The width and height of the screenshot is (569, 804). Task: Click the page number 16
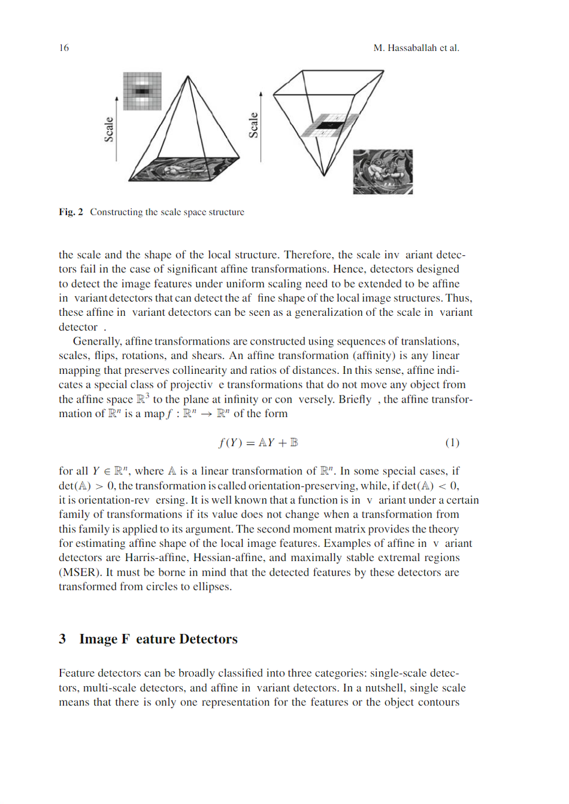(63, 48)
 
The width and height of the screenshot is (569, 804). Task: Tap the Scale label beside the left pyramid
(109, 129)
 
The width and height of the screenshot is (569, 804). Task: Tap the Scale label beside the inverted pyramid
(253, 125)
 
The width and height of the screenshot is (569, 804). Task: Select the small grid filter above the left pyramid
(142, 91)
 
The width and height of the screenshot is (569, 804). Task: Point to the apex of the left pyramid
(188, 77)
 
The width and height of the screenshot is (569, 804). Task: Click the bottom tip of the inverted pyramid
(324, 175)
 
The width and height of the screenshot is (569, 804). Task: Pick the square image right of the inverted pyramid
(383, 172)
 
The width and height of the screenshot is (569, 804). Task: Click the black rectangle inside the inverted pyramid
(329, 125)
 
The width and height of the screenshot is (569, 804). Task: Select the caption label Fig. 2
(71, 212)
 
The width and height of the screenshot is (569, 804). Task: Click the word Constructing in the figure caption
(116, 212)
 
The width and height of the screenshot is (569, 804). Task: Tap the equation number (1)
(452, 443)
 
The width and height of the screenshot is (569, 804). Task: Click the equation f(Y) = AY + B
(258, 443)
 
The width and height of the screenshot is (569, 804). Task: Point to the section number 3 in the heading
(62, 639)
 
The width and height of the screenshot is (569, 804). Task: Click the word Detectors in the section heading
(208, 639)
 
